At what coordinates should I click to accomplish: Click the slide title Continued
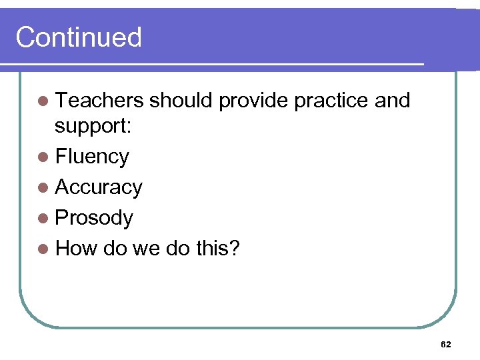(x=79, y=37)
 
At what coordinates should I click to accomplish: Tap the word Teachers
(x=99, y=101)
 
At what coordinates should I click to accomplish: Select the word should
(x=181, y=101)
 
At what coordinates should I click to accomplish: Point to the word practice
(x=331, y=101)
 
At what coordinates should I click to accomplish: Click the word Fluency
(x=92, y=157)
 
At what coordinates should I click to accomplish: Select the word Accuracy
(x=99, y=187)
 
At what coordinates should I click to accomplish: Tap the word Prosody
(x=94, y=218)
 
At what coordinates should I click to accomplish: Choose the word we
(x=147, y=249)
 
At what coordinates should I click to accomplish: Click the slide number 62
(x=446, y=344)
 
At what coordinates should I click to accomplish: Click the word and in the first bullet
(x=392, y=101)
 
